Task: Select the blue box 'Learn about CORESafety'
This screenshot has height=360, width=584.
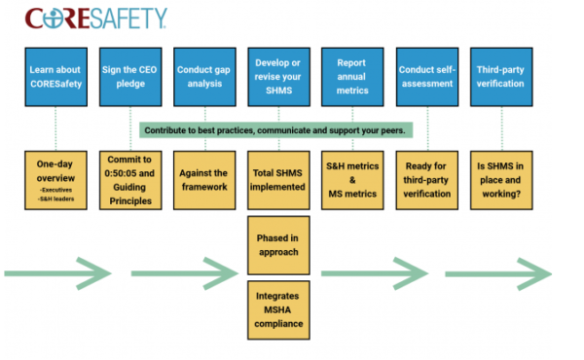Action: tap(55, 77)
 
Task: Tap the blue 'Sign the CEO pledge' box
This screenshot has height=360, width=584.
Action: tap(128, 77)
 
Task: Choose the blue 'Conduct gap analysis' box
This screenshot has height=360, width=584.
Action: tap(202, 77)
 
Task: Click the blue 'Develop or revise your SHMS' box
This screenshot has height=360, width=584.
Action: tap(276, 77)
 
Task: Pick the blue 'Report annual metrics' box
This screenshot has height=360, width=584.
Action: tap(350, 77)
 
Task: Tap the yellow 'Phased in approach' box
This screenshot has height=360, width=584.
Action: tap(276, 243)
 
